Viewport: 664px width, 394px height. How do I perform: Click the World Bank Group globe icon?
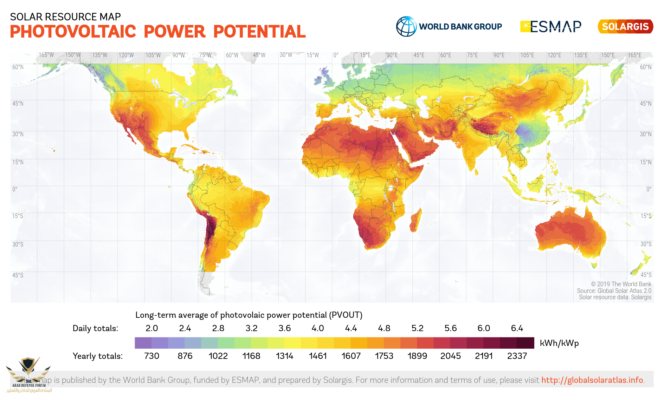pyautogui.click(x=406, y=26)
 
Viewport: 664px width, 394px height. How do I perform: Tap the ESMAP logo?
pyautogui.click(x=551, y=26)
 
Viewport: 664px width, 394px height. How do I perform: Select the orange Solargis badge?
pyautogui.click(x=625, y=27)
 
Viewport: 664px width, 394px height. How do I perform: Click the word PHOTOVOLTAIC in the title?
pyautogui.click(x=73, y=32)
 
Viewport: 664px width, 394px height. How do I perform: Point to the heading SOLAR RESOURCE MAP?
pyautogui.click(x=65, y=17)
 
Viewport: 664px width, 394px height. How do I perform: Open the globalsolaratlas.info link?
pyautogui.click(x=592, y=380)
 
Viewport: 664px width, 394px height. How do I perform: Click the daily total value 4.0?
pyautogui.click(x=318, y=328)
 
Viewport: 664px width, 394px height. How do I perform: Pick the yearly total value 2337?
pyautogui.click(x=517, y=356)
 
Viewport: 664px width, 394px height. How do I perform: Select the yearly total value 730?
pyautogui.click(x=152, y=356)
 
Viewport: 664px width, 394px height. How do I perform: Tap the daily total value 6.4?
pyautogui.click(x=517, y=328)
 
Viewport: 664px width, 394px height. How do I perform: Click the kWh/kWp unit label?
pyautogui.click(x=559, y=343)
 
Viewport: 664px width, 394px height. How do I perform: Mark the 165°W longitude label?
pyautogui.click(x=46, y=55)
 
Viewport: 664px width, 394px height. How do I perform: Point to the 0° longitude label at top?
pyautogui.click(x=336, y=55)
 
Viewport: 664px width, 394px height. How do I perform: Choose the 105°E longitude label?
pyautogui.click(x=527, y=55)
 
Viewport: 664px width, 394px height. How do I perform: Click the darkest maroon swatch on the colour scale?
pyautogui.click(x=526, y=343)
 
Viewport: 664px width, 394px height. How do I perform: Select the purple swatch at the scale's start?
pyautogui.click(x=143, y=343)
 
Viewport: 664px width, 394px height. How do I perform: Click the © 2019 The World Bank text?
pyautogui.click(x=621, y=284)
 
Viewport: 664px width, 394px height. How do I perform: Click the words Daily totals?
pyautogui.click(x=95, y=328)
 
